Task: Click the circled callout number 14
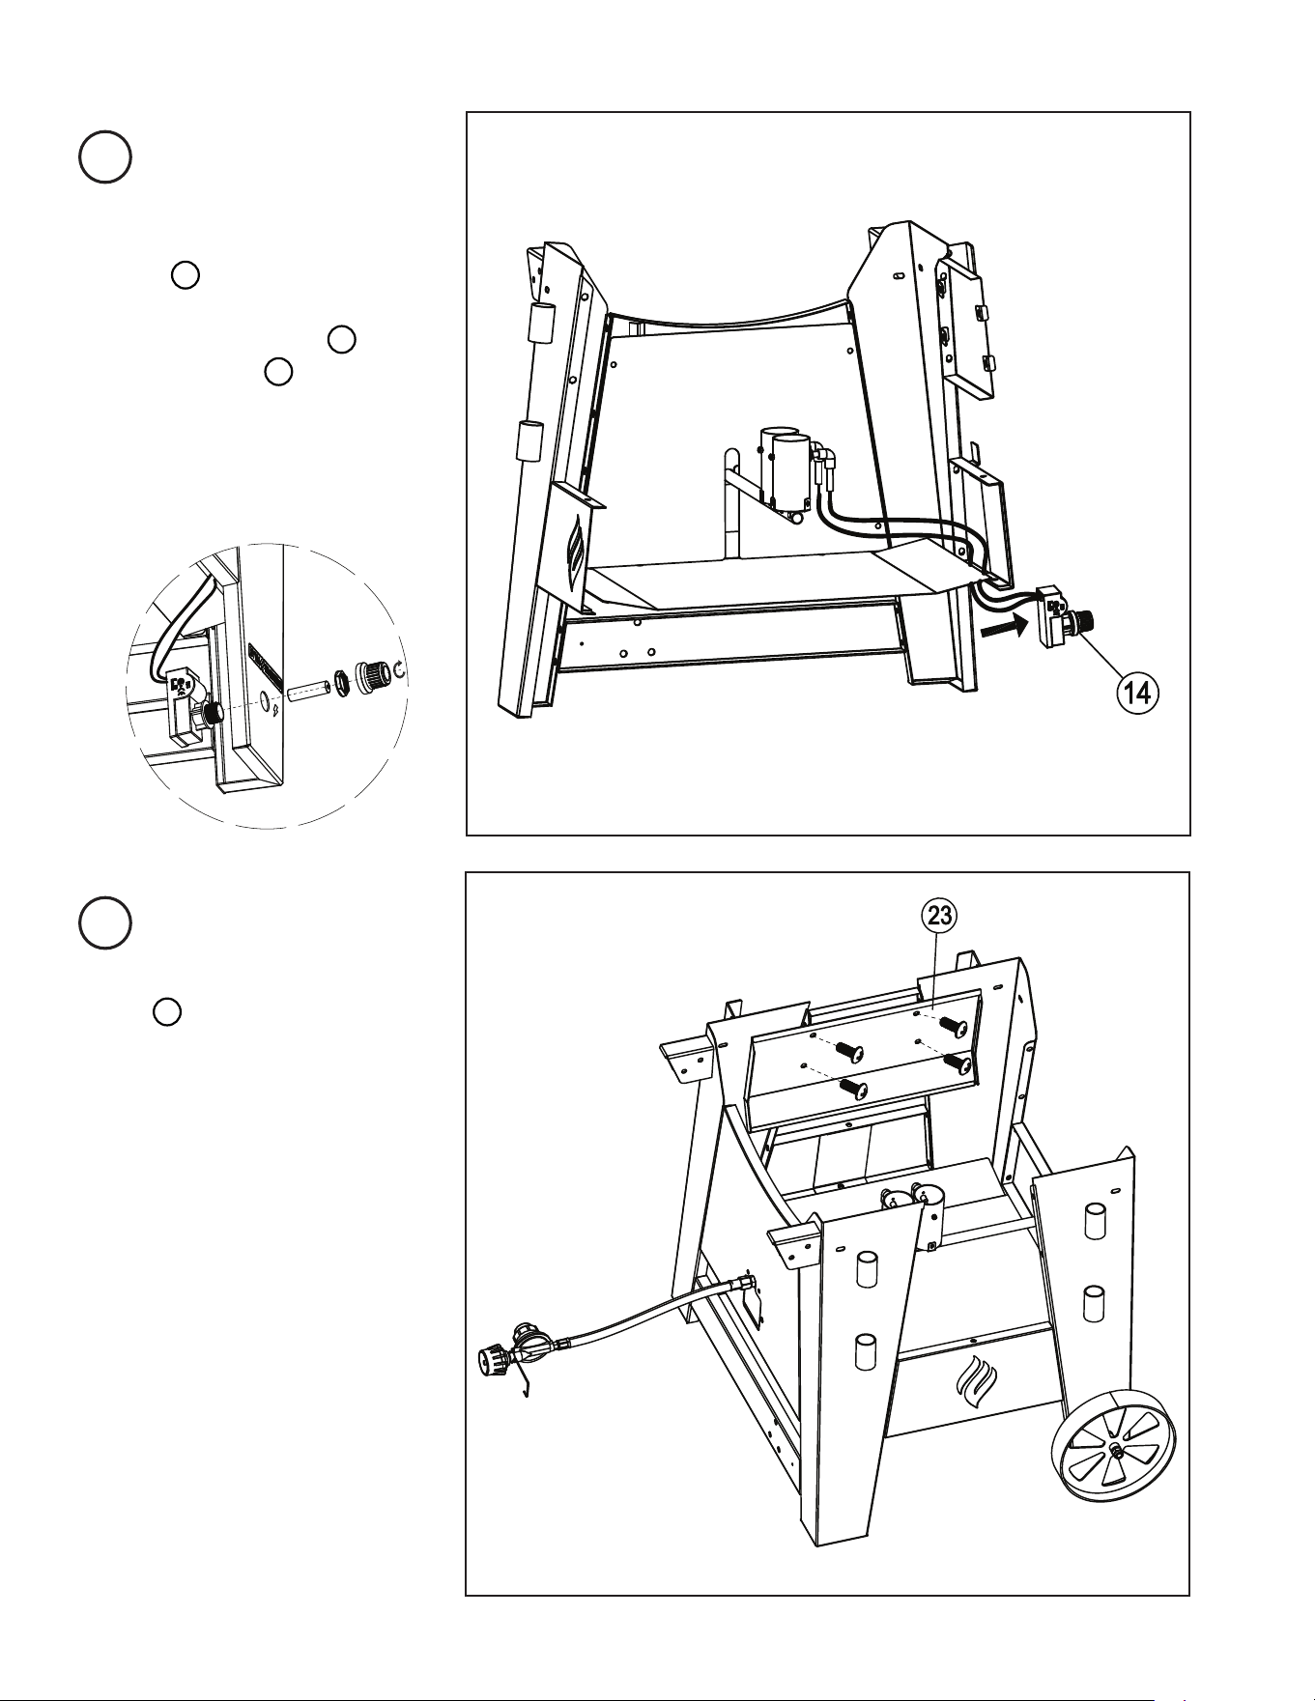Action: point(1140,693)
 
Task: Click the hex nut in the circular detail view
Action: point(342,683)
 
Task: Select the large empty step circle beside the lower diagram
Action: point(105,922)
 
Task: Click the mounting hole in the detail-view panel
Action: point(268,699)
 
